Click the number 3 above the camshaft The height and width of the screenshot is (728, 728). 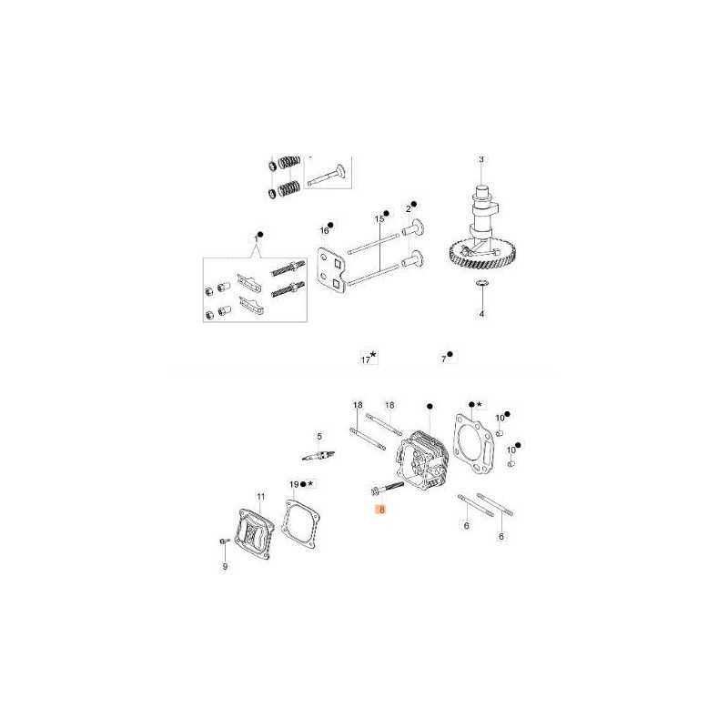pos(481,159)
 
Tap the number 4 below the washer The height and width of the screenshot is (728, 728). pos(482,314)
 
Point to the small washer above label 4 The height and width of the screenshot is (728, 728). pos(482,282)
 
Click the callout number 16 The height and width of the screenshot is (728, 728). pos(324,230)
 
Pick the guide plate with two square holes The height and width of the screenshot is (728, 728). pos(332,271)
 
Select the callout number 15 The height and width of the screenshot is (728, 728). pos(379,218)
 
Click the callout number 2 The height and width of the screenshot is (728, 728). pos(408,209)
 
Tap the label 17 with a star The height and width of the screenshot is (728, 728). pos(366,359)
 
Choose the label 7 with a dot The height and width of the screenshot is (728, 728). pos(444,359)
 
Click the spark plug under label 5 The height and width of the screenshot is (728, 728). pos(318,456)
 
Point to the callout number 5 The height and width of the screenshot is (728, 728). pos(319,437)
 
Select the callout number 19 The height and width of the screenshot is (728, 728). pos(294,485)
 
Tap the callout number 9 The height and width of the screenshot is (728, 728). pos(225,566)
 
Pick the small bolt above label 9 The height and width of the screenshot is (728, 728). pos(225,541)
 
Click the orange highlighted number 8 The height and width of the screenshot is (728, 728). pos(381,510)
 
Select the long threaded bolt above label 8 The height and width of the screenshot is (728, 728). pos(388,488)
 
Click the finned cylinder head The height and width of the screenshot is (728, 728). pos(422,460)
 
